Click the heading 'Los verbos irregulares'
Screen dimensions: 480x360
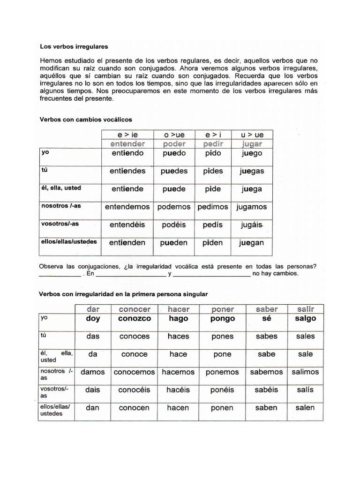[74, 47]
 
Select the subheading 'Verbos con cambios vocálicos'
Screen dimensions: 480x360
[86, 120]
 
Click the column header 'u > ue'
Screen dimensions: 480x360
[252, 135]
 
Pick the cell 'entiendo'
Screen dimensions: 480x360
[127, 153]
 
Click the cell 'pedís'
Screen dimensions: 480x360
[213, 225]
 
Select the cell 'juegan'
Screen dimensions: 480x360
[251, 243]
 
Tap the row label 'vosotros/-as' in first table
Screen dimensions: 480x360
[59, 224]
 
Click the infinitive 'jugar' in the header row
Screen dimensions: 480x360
[252, 144]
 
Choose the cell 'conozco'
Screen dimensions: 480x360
[135, 318]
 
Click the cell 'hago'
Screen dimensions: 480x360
[178, 318]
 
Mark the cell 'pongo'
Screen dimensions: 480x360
[223, 318]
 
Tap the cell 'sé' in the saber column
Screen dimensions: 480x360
[266, 318]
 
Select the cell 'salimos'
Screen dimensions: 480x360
[305, 372]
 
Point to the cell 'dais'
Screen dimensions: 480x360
[93, 390]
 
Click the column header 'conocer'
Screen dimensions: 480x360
[135, 309]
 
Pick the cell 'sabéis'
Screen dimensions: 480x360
[266, 390]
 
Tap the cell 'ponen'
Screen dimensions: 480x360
[222, 408]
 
